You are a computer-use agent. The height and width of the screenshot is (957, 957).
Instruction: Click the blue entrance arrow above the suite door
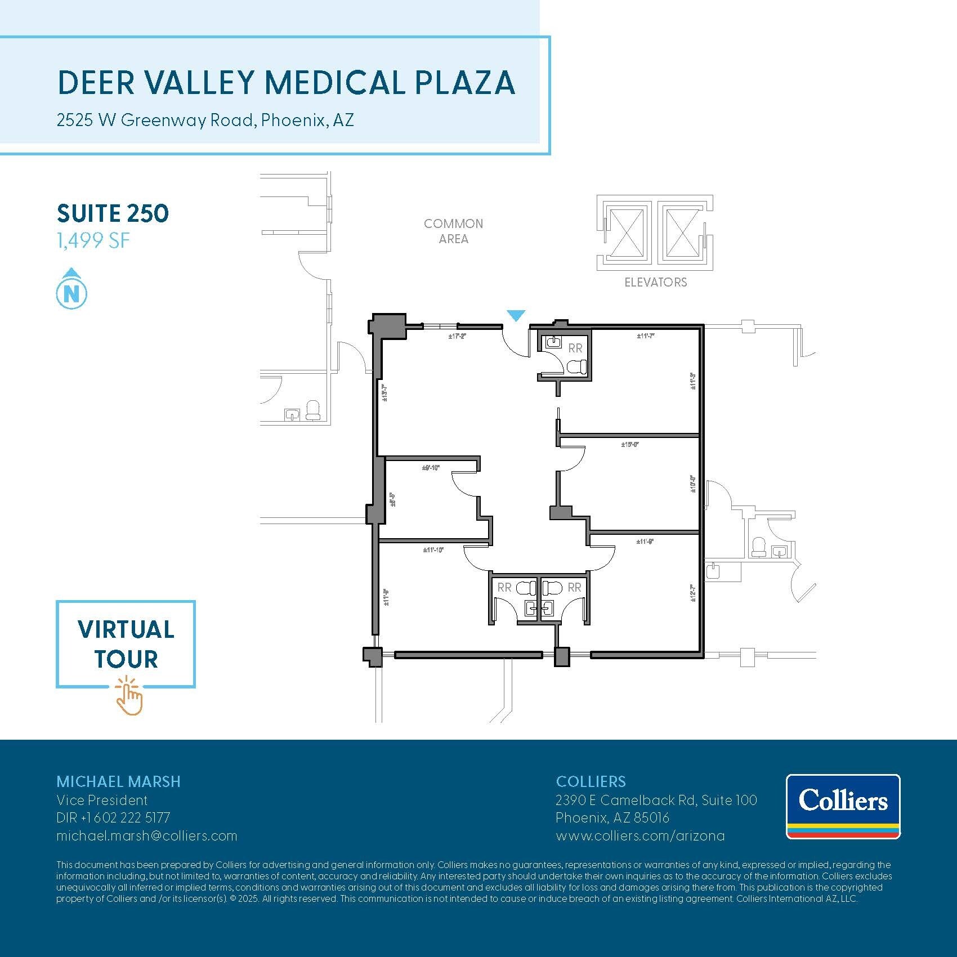[516, 316]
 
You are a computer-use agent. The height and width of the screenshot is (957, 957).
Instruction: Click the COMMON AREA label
[453, 231]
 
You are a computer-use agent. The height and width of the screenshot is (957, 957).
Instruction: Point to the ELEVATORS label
[655, 283]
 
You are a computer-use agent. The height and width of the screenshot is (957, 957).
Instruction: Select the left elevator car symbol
[626, 232]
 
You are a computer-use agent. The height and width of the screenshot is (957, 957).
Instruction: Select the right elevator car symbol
[682, 232]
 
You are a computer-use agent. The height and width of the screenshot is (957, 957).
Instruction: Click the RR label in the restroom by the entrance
[575, 348]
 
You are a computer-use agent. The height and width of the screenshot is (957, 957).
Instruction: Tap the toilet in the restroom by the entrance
[576, 368]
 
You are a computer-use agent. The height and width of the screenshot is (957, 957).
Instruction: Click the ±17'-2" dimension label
[457, 337]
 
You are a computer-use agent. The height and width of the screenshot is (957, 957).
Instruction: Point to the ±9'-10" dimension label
[431, 468]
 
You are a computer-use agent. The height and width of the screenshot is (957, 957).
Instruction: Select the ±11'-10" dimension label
[433, 550]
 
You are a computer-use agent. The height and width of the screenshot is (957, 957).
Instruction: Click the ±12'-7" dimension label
[693, 593]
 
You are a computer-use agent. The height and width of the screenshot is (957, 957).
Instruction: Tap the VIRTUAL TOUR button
[126, 644]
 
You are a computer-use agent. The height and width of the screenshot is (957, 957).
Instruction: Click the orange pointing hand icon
[129, 698]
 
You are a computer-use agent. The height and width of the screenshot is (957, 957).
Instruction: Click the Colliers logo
[843, 806]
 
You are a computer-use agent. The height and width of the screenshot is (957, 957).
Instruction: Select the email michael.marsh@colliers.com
[147, 836]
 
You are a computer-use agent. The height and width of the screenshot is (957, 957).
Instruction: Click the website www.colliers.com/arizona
[640, 836]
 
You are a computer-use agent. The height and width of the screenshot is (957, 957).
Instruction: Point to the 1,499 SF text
[93, 241]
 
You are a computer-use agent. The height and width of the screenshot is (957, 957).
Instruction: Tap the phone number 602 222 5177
[132, 818]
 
